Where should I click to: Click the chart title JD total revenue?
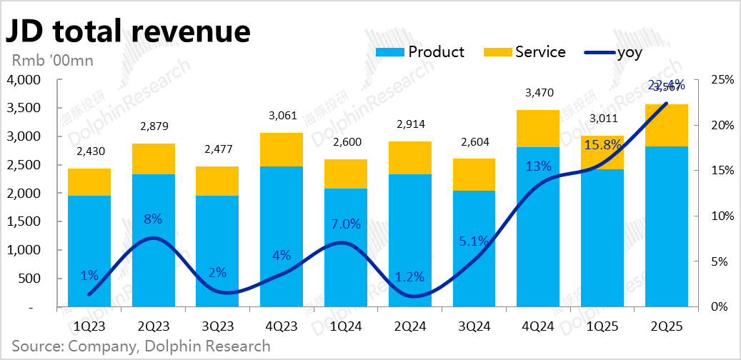click(129, 31)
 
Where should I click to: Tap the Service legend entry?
click(524, 52)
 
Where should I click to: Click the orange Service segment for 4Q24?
click(537, 129)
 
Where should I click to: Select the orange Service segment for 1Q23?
click(89, 182)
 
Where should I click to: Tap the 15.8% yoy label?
click(603, 146)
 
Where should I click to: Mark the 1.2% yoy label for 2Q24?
click(409, 277)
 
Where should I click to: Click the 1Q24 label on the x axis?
click(345, 326)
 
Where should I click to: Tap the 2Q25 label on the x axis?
click(666, 326)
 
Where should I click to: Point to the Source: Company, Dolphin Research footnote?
click(141, 346)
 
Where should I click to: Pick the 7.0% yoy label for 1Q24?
click(345, 224)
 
